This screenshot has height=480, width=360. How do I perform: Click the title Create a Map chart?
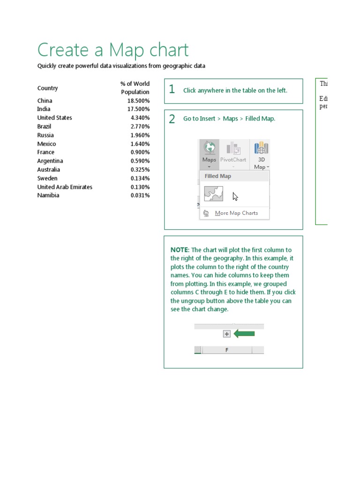[x=113, y=50]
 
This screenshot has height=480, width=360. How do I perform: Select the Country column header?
[x=48, y=88]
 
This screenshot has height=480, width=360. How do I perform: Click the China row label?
[x=45, y=101]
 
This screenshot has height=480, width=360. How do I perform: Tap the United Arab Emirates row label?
[x=65, y=187]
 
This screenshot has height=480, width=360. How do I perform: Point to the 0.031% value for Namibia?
[x=140, y=195]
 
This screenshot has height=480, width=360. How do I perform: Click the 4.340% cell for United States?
[x=140, y=118]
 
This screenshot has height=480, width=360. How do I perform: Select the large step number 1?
[x=172, y=90]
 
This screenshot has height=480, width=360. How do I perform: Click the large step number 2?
[x=172, y=119]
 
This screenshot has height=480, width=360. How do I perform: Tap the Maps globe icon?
[x=209, y=148]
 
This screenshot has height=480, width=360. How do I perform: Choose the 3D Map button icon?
[x=261, y=149]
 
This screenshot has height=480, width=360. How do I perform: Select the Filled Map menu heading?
[x=218, y=176]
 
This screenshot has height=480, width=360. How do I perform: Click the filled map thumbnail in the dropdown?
[x=214, y=194]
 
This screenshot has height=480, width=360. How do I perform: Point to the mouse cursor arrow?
[x=235, y=196]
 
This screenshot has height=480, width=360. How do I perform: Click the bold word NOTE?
[x=180, y=250]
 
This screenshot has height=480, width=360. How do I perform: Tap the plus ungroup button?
[x=227, y=334]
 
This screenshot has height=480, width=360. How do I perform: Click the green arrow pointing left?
[x=244, y=334]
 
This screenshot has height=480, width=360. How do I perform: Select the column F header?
[x=227, y=350]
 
